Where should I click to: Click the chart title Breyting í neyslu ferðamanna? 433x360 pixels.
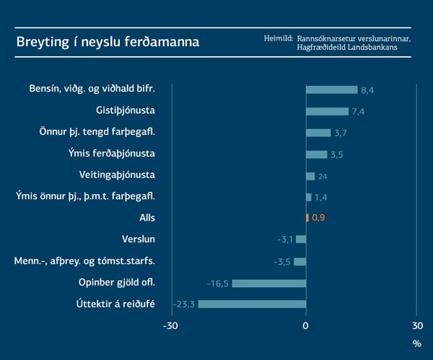[x=108, y=42]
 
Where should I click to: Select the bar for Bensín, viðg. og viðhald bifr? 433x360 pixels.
[x=331, y=89]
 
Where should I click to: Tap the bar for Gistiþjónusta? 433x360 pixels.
[x=327, y=111]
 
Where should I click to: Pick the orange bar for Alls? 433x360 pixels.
[x=307, y=217]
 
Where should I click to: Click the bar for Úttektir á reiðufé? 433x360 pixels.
[x=252, y=304]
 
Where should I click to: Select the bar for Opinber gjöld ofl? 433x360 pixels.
[x=268, y=283]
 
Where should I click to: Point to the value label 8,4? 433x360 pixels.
[x=367, y=90]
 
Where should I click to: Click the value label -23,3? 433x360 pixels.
[x=185, y=304]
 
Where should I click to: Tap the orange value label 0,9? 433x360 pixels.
[x=318, y=218]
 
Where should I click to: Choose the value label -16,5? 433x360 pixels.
[x=218, y=283]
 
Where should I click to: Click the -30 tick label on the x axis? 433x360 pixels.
[x=170, y=326]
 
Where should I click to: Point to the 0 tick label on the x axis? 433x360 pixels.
[x=306, y=326]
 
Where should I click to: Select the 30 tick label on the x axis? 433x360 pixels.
[x=417, y=326]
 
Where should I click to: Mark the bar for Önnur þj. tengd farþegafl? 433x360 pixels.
[x=318, y=133]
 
